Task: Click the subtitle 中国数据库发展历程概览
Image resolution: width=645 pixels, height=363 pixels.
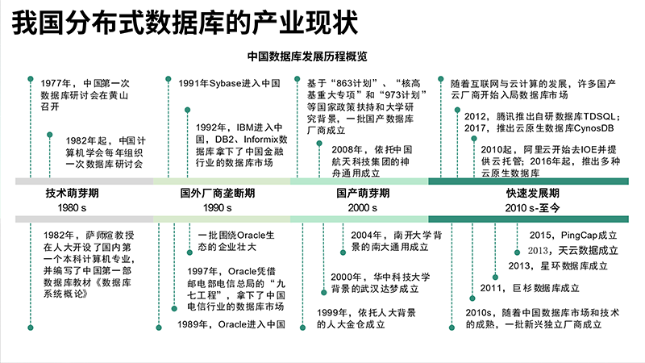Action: coord(307,56)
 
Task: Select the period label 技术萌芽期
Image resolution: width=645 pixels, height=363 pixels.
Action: coord(72,193)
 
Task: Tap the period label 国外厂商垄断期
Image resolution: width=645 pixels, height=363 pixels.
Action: coord(218,193)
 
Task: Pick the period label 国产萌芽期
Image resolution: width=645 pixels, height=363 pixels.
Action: coord(363,193)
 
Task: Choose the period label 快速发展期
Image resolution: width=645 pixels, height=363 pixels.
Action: coord(533,193)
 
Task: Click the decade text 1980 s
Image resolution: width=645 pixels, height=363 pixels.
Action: coord(72,208)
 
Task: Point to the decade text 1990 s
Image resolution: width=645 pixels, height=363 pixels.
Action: coord(218,208)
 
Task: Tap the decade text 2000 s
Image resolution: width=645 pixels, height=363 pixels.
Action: coord(363,208)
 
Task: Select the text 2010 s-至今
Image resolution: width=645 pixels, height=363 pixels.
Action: coord(533,208)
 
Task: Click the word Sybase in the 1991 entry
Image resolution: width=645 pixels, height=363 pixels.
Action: coord(225,84)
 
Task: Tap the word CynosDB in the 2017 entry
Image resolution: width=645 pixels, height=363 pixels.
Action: coord(593,128)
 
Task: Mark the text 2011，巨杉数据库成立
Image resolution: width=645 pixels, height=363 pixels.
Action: coord(530,288)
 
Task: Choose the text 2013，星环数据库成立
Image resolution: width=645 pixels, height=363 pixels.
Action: coord(558,266)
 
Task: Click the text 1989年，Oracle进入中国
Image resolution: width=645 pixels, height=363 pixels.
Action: coord(231,324)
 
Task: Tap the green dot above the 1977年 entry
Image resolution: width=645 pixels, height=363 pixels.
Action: coord(30,78)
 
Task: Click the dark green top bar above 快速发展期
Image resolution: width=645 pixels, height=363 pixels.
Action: coord(528,181)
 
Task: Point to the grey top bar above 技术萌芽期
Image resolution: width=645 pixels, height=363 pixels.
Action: coord(85,181)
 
